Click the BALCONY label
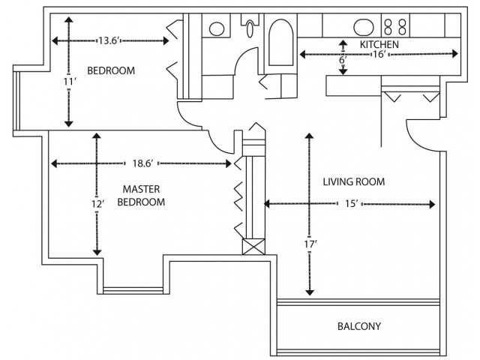(x=359, y=326)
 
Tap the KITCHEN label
(x=379, y=45)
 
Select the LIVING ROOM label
(x=354, y=181)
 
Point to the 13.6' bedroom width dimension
(x=108, y=40)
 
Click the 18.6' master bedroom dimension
(x=142, y=163)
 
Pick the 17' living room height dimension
(x=310, y=244)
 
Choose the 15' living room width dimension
(x=352, y=203)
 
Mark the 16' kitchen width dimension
(x=379, y=55)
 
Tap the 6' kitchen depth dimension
(x=343, y=60)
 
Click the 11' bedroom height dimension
(x=69, y=82)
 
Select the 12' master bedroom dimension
(x=98, y=204)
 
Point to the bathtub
(x=280, y=43)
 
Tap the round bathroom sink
(x=217, y=28)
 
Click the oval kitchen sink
(x=364, y=27)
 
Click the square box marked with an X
(x=253, y=247)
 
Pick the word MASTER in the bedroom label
(x=141, y=189)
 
